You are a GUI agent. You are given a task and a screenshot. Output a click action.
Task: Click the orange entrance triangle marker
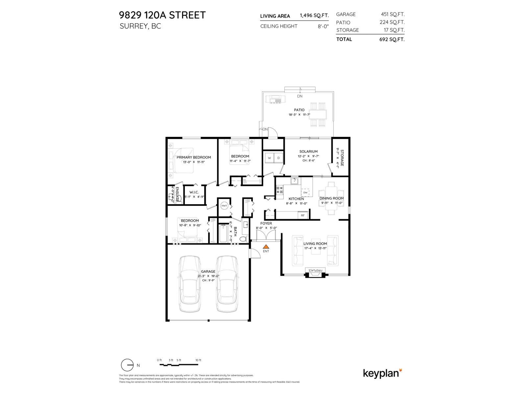(x=266, y=246)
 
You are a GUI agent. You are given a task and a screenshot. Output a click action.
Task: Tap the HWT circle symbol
(x=224, y=206)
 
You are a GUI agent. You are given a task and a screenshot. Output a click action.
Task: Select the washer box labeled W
(x=269, y=158)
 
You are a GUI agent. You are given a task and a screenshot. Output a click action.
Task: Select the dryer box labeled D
(x=278, y=158)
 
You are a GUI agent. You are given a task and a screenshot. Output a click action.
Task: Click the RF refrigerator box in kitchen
(x=302, y=216)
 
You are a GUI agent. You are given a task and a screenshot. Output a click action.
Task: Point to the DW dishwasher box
(x=305, y=192)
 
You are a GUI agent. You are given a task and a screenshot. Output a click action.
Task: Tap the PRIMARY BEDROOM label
(x=194, y=157)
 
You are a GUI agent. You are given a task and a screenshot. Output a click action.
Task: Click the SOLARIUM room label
(x=308, y=151)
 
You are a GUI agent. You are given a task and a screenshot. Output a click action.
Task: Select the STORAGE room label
(x=342, y=158)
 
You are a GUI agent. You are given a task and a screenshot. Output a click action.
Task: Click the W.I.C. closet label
(x=194, y=192)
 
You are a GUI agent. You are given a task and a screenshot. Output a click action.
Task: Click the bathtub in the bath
(x=223, y=233)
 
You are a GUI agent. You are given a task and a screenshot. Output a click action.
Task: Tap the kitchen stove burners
(x=280, y=190)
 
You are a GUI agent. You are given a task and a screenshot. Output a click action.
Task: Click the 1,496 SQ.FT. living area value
(x=314, y=16)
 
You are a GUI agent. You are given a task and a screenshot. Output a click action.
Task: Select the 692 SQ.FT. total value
(x=392, y=39)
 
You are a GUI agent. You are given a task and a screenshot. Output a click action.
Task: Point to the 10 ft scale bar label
(x=198, y=360)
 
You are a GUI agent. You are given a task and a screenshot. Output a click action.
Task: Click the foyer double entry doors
(x=266, y=235)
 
